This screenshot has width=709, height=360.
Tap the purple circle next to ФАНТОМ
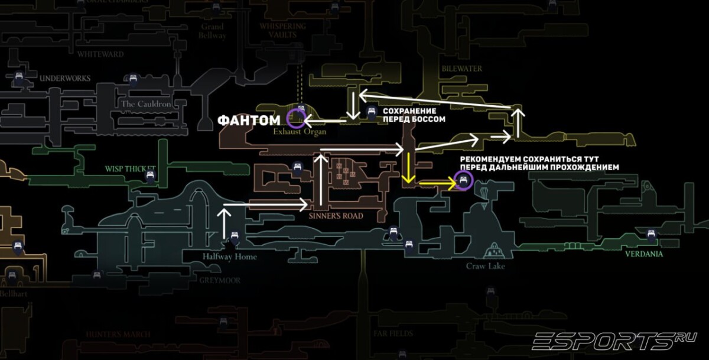tap(295, 118)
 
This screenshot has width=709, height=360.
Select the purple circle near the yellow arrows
tap(463, 181)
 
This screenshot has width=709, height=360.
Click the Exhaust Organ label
tap(300, 132)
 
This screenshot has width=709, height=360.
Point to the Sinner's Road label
tap(335, 216)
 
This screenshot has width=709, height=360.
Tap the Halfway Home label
tap(229, 257)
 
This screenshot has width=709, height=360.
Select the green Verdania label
tap(644, 254)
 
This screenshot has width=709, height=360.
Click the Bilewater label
tap(461, 69)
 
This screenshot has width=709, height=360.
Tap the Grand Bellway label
tap(212, 31)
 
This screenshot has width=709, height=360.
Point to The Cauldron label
tap(145, 104)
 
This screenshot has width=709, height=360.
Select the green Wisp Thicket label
tap(130, 168)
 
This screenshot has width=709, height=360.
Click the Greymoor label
tap(220, 280)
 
